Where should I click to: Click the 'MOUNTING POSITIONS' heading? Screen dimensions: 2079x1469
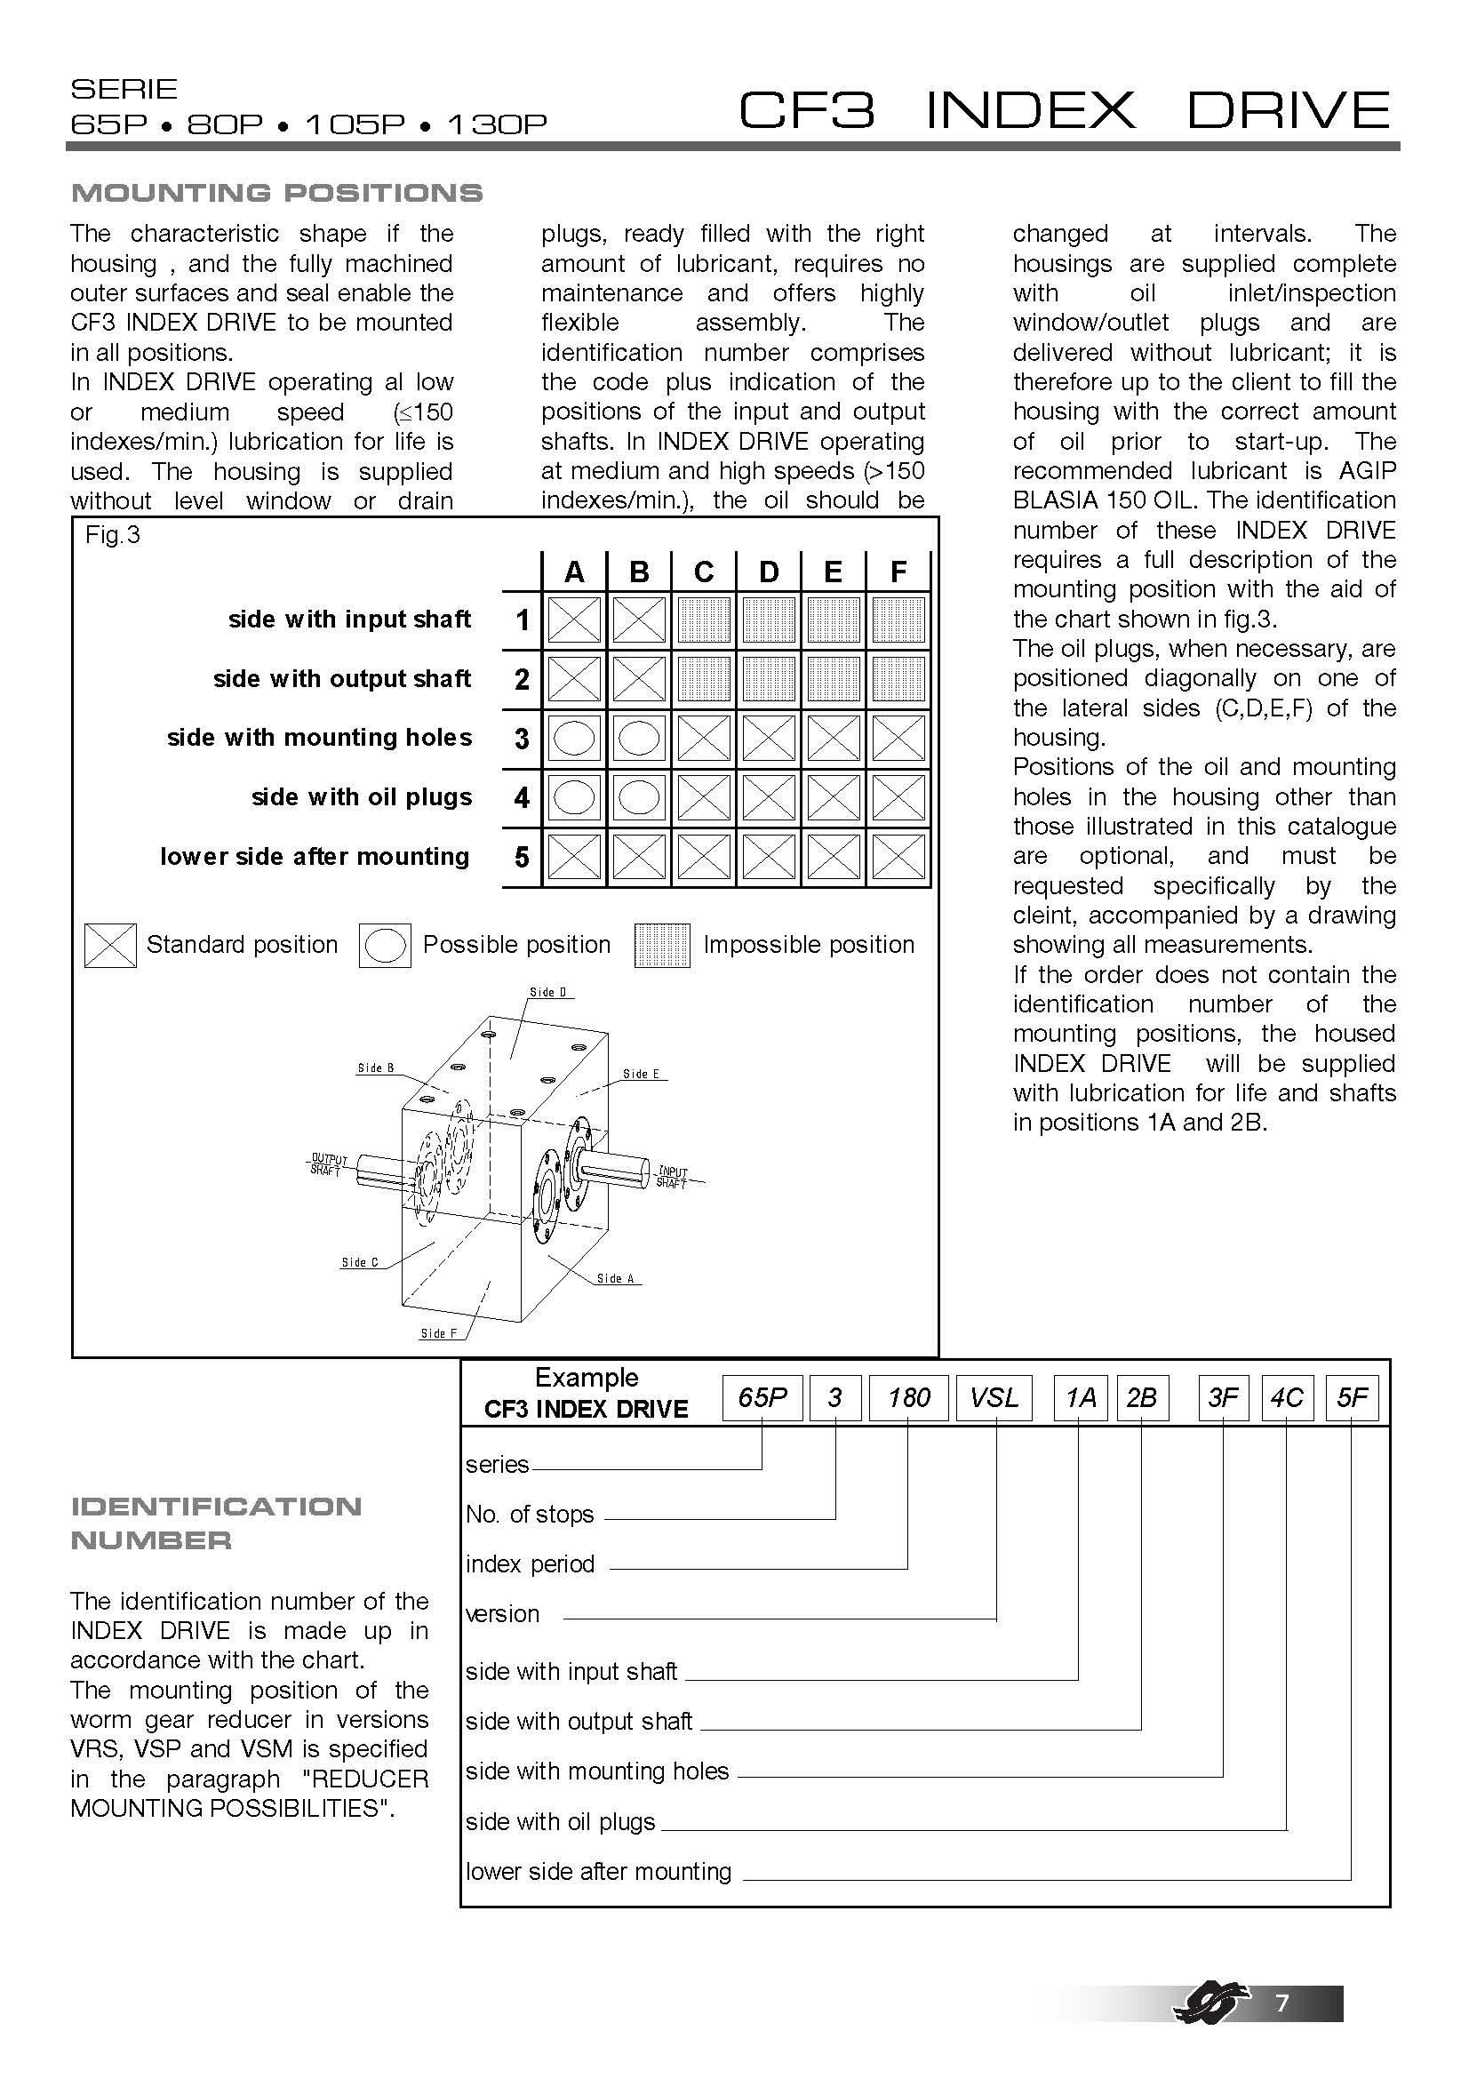coord(276,193)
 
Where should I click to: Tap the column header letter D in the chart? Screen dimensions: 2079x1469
coord(769,572)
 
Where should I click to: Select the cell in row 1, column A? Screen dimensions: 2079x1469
coord(575,620)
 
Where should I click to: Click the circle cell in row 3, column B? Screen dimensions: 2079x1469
coord(639,739)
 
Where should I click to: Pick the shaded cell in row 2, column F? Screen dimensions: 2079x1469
coord(898,679)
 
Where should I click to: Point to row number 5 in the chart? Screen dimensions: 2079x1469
coord(522,858)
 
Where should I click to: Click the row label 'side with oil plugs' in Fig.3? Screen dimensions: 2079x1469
coord(361,797)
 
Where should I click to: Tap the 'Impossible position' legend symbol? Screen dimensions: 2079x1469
coord(662,946)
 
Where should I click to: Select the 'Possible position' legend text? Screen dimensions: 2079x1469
coord(516,945)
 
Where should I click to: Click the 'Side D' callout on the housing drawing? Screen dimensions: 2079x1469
coord(547,993)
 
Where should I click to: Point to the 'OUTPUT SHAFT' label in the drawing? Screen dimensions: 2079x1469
coord(328,1164)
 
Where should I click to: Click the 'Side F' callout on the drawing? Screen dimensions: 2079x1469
coord(439,1334)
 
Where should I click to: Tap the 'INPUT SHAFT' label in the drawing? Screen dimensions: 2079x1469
coord(672,1177)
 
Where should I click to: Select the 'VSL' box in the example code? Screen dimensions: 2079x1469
coord(994,1397)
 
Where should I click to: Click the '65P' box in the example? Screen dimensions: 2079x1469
coord(762,1397)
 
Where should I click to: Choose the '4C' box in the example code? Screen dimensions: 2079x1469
coord(1286,1397)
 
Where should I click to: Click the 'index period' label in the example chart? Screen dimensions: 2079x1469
coord(530,1563)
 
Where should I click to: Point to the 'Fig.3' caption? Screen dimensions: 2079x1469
coord(112,535)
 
